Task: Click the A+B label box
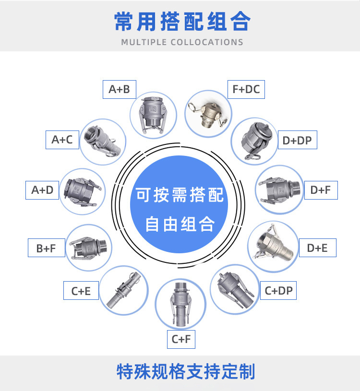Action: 120,89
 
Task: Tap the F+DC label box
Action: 246,89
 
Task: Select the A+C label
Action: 62,140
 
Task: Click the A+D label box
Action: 42,190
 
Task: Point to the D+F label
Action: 321,190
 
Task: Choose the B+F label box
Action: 46,248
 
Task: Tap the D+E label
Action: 317,248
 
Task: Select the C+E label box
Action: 81,291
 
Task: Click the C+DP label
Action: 278,290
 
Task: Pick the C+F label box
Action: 181,339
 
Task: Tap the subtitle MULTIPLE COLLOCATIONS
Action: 182,42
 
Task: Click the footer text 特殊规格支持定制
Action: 186,372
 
